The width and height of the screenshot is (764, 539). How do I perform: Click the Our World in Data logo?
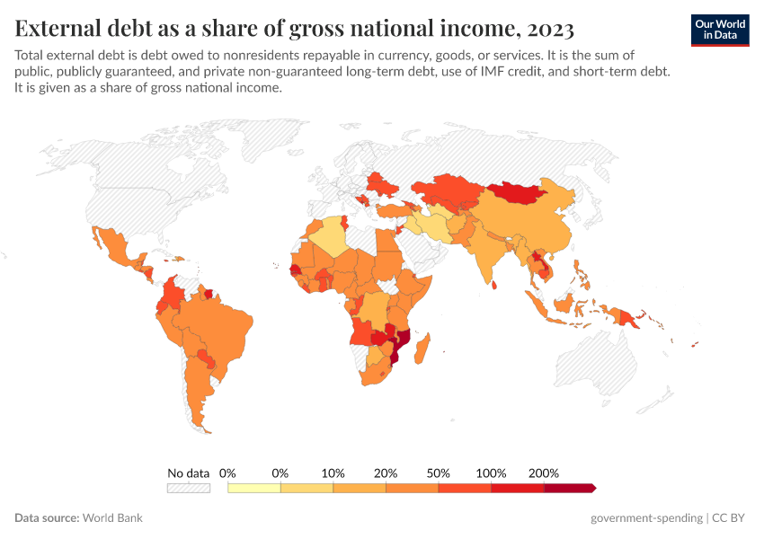(720, 30)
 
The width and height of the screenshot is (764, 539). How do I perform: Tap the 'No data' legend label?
(188, 473)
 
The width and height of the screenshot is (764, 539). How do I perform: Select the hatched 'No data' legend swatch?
(188, 488)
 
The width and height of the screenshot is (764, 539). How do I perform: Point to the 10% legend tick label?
(333, 473)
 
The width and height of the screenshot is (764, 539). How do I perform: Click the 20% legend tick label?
(386, 473)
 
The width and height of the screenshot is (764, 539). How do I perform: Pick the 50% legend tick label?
(439, 473)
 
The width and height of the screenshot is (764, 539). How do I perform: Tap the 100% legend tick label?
(491, 473)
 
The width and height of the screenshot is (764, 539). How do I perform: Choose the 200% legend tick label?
(544, 473)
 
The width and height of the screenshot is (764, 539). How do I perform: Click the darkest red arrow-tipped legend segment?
(568, 488)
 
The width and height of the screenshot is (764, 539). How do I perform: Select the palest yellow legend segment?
(254, 488)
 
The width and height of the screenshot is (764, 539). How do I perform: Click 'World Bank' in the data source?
(112, 518)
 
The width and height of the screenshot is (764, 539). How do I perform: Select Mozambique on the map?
(402, 342)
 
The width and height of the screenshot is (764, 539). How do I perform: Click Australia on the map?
(603, 367)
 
